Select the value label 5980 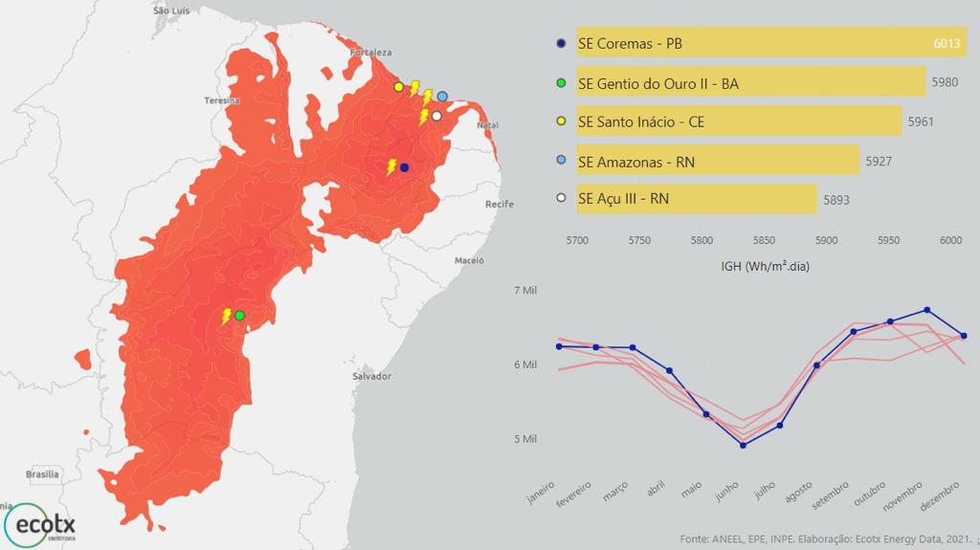pyautogui.click(x=944, y=83)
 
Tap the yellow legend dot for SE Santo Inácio pyautogui.click(x=562, y=121)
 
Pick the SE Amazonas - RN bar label pyautogui.click(x=636, y=162)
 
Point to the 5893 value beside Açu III pyautogui.click(x=835, y=200)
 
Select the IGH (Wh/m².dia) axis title pyautogui.click(x=765, y=266)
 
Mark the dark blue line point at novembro pyautogui.click(x=926, y=310)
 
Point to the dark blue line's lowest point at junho pyautogui.click(x=744, y=445)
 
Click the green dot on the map pyautogui.click(x=239, y=315)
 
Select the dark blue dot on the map pyautogui.click(x=404, y=167)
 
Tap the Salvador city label pyautogui.click(x=371, y=377)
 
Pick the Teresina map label pyautogui.click(x=222, y=100)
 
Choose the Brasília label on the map pyautogui.click(x=42, y=474)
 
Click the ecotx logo pyautogui.click(x=41, y=524)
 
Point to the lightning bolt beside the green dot pyautogui.click(x=227, y=316)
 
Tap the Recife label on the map pyautogui.click(x=500, y=205)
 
